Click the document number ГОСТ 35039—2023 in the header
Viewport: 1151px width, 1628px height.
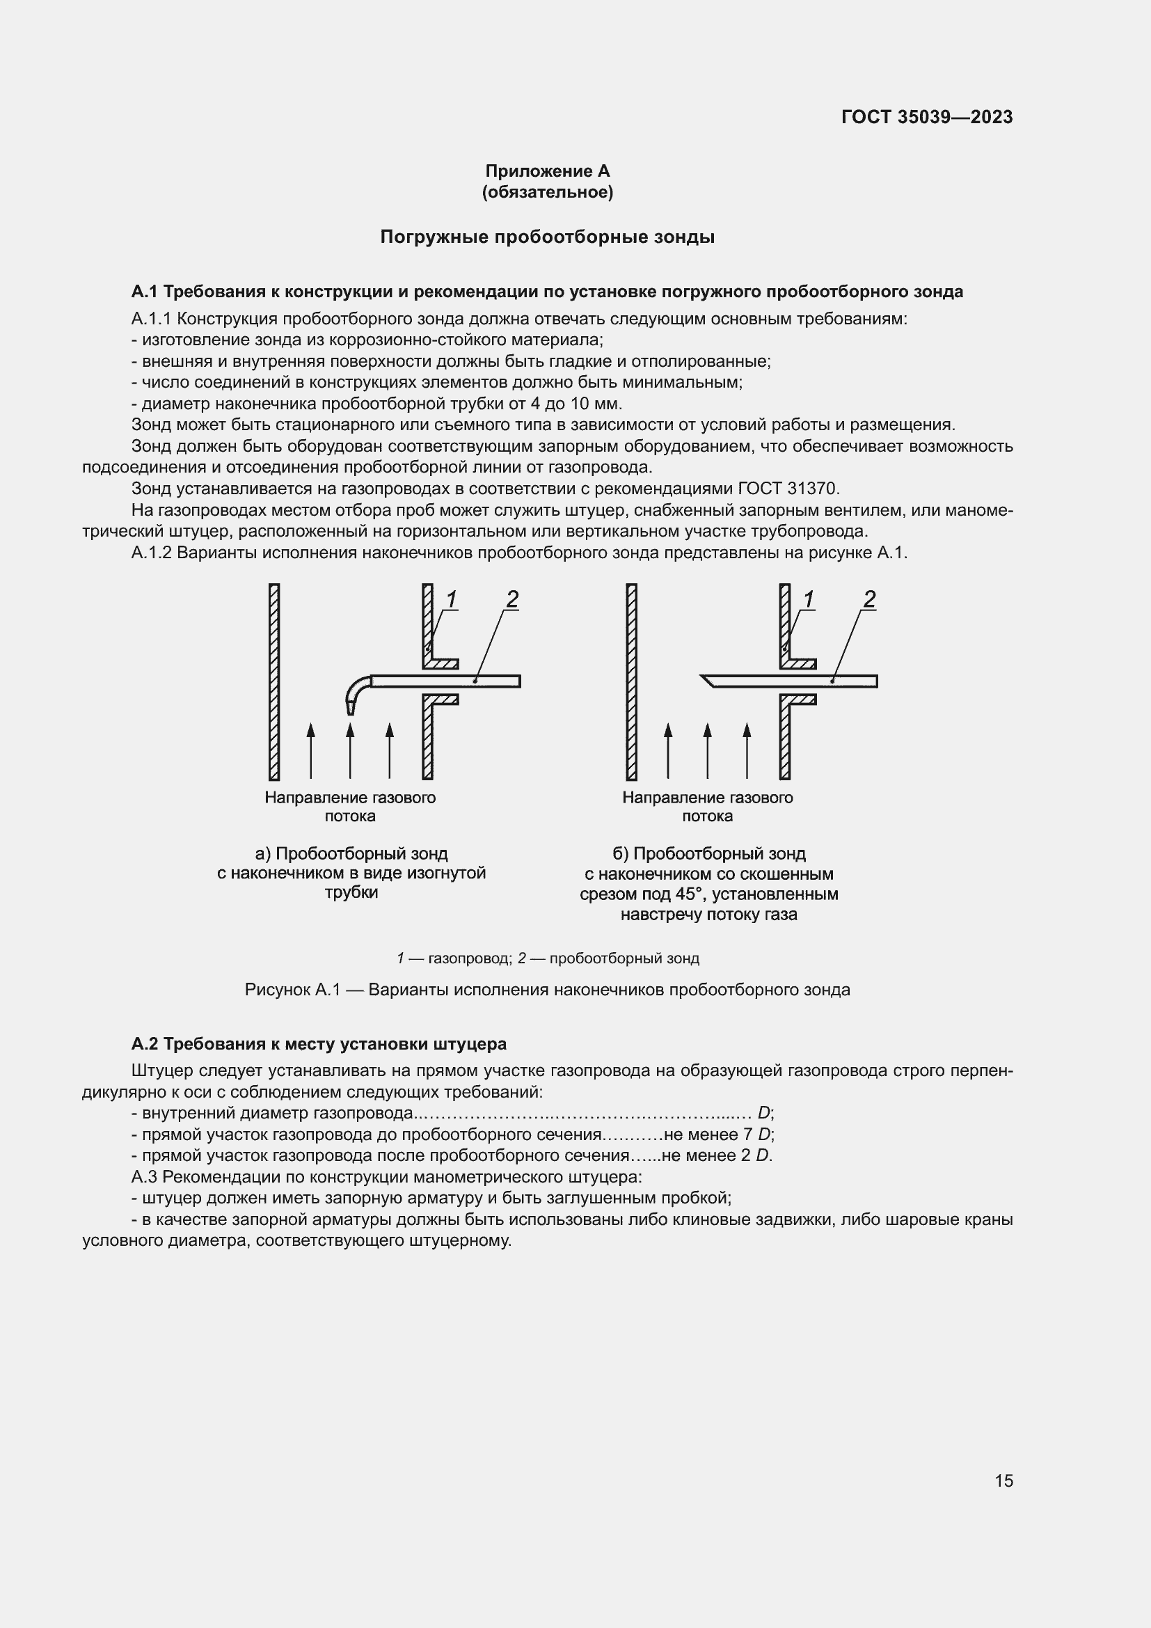click(926, 117)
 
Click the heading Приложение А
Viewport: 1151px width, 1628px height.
click(547, 171)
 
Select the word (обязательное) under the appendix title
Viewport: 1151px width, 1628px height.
click(547, 192)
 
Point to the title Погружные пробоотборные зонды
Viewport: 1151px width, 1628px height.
click(547, 237)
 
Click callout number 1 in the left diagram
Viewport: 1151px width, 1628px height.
click(452, 599)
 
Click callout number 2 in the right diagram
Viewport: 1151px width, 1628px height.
click(870, 599)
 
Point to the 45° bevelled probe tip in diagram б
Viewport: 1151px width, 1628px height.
click(708, 681)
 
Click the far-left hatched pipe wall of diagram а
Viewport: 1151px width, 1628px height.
click(274, 681)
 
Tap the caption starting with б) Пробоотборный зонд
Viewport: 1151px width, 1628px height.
click(708, 883)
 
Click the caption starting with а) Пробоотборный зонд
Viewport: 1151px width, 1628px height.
click(351, 873)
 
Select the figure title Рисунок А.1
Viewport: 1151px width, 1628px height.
click(547, 990)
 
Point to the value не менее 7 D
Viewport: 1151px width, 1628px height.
click(717, 1135)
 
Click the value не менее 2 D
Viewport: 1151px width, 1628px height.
click(716, 1156)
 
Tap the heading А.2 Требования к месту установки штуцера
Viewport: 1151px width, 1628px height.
click(319, 1044)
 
